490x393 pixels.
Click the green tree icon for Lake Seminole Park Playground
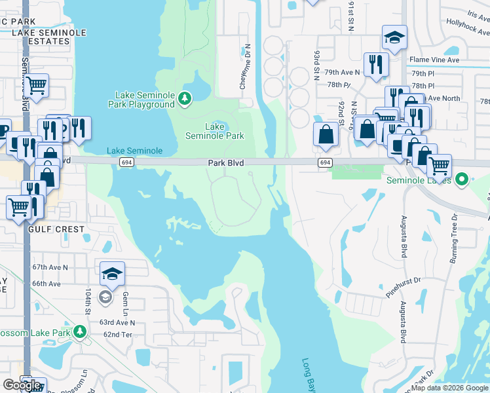pos(185,99)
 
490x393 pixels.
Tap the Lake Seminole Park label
pos(215,131)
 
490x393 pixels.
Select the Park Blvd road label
pos(225,162)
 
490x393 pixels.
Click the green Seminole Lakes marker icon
pos(462,179)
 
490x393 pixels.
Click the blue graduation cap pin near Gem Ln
pos(112,274)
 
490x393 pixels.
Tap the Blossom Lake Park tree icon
pos(79,331)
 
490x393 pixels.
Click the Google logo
pos(21,385)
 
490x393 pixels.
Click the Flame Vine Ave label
pos(434,60)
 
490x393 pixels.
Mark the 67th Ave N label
pos(50,267)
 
